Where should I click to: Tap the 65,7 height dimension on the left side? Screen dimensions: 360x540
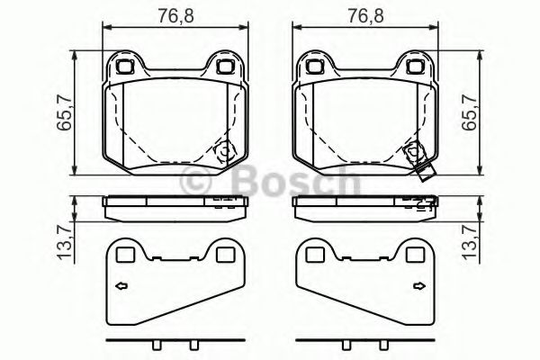(64, 115)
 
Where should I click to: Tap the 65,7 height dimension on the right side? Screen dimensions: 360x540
(469, 115)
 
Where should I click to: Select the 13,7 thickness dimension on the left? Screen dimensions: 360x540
(64, 243)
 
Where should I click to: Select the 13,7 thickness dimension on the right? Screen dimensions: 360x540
(469, 243)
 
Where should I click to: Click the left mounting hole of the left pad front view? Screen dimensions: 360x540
(125, 66)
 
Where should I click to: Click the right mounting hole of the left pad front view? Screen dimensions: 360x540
(223, 66)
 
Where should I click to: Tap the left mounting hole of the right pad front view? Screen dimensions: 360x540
(314, 66)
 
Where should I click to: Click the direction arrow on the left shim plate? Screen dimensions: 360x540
(121, 288)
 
